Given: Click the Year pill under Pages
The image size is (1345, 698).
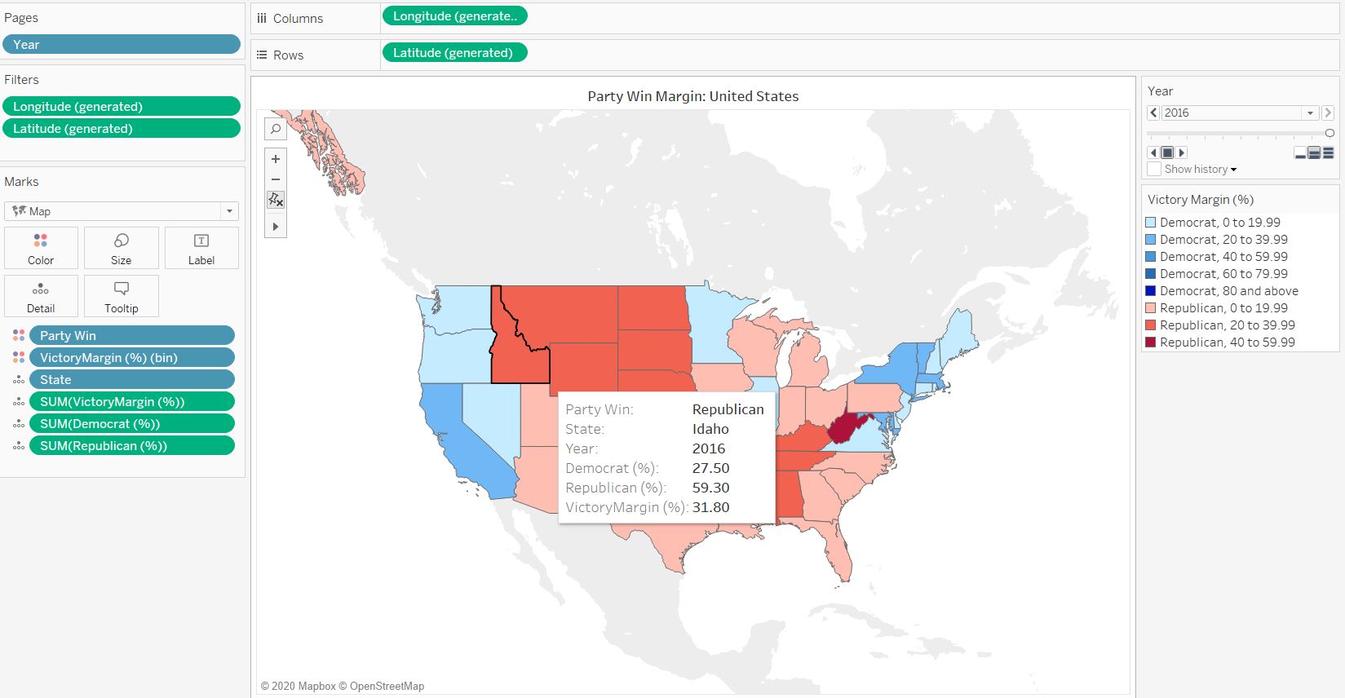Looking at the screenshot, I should pos(121,45).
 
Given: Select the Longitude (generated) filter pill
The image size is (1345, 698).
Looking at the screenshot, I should pos(121,107).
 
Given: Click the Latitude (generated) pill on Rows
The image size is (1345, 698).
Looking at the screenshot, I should pos(453,53).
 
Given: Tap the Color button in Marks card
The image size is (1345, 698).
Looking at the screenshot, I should pos(41,248).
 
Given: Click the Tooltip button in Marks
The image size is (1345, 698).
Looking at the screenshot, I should pos(121,296).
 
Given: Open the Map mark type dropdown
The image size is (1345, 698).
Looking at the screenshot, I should pos(121,211).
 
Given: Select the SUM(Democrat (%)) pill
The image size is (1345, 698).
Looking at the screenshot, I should pos(131,424).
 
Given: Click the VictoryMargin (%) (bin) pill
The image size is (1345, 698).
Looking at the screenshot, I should pos(131,358).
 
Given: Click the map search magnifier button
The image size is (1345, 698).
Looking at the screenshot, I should pos(276,129).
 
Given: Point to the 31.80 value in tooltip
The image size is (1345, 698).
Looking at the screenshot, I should pos(710,507).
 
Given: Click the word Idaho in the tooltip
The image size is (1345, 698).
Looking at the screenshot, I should pos(710,429).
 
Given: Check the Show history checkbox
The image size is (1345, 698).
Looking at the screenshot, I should pos(1154,169).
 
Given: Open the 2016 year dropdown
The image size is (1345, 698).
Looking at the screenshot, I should pos(1310,113).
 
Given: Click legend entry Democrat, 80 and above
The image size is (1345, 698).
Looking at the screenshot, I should pos(1228,291).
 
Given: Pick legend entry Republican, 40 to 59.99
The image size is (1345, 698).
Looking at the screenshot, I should pos(1227,342).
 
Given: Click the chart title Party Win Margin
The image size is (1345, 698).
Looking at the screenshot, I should pos(692,96).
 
